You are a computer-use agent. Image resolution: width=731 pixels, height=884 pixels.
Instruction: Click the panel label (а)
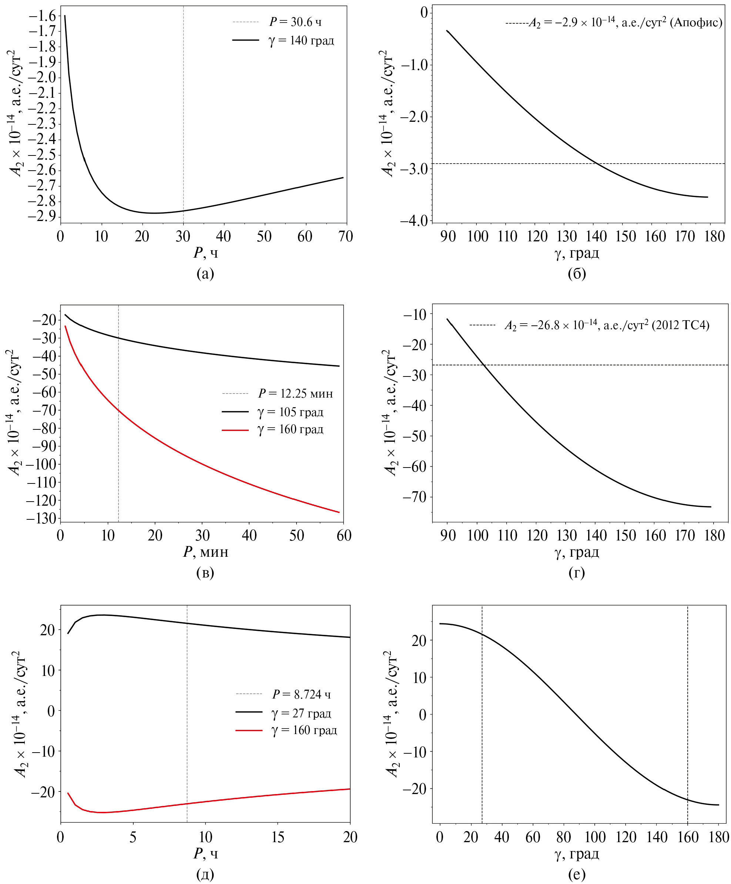pos(205,274)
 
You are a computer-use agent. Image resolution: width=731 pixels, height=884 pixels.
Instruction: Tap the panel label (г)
pos(577,573)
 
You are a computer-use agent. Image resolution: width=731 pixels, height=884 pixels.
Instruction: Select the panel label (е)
pos(577,874)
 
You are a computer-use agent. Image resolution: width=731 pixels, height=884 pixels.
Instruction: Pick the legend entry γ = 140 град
pos(301,40)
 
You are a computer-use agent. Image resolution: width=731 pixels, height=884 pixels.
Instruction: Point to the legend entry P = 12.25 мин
pos(295,394)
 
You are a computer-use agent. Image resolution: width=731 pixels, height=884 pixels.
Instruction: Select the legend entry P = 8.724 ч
pos(301,694)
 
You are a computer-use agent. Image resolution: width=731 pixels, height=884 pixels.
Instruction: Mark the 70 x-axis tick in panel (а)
pos(345,237)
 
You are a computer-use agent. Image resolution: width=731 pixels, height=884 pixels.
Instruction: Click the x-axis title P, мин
pos(205,552)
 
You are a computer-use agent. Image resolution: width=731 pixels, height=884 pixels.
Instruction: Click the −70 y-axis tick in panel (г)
pos(415,497)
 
